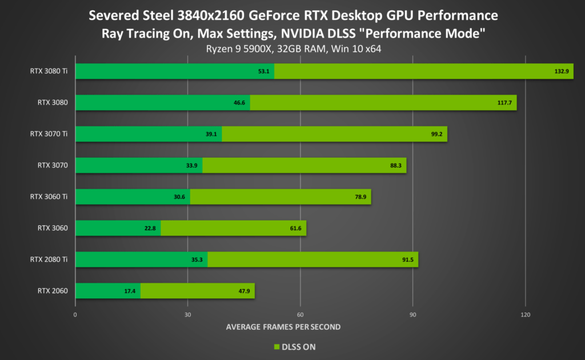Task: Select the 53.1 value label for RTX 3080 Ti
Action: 263,71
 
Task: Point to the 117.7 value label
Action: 505,103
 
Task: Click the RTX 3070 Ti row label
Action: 49,134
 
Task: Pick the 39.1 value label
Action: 211,134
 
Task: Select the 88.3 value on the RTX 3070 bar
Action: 396,166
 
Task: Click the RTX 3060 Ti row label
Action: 49,197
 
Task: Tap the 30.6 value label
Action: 179,197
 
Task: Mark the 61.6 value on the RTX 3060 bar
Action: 296,229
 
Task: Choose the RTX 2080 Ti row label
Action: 49,259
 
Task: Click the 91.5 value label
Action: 407,260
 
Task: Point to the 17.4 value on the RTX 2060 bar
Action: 130,291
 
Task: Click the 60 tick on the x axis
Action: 300,314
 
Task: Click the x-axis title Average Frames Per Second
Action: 283,327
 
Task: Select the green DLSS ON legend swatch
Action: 276,347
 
